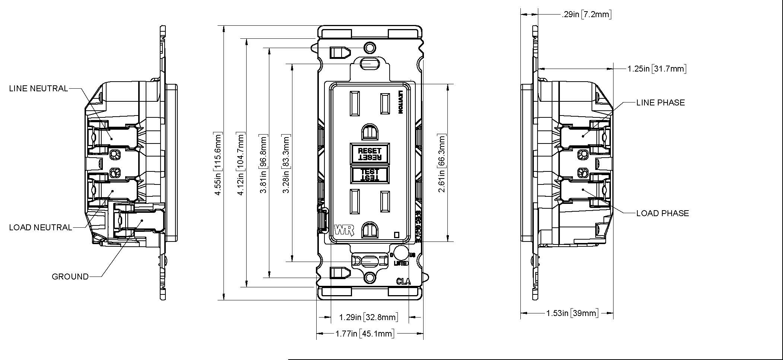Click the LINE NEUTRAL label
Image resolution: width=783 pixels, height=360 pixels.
38,89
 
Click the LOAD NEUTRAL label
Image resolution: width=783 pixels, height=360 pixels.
40,227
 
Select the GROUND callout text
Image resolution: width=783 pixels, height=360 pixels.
70,277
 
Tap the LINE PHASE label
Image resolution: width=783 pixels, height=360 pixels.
660,102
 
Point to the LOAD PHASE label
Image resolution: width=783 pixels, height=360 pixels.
663,213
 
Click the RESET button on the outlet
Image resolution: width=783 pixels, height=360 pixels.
370,153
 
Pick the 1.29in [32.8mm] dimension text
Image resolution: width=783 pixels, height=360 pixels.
368,317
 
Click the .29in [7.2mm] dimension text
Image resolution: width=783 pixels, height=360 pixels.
586,15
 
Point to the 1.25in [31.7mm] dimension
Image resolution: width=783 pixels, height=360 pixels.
656,69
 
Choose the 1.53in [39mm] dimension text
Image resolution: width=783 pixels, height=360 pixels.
572,313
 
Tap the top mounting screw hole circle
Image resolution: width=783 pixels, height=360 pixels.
370,48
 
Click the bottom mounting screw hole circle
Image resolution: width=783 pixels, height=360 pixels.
370,278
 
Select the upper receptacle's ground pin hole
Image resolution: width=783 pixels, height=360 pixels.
369,132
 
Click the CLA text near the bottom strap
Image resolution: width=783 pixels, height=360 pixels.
403,281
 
